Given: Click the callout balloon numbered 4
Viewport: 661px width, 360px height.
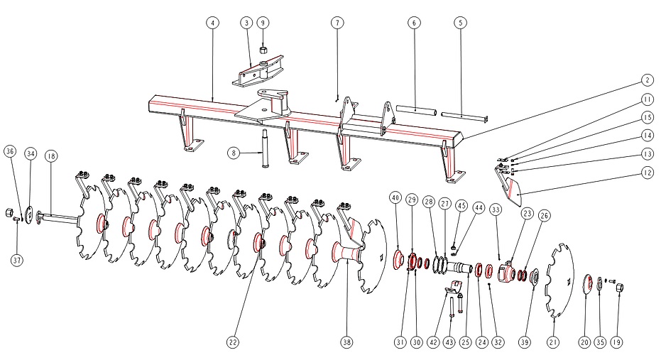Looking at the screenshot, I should [x=212, y=23].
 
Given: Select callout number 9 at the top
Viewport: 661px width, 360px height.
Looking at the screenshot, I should [x=263, y=23].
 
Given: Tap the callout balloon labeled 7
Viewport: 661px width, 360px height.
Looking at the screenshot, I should [x=337, y=23].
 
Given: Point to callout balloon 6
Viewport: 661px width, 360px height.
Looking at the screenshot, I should [x=413, y=23].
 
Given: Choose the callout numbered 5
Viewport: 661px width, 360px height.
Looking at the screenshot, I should [x=461, y=23].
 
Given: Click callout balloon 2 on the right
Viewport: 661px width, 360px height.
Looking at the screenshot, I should [x=647, y=80].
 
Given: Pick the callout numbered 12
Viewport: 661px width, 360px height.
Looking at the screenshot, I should [x=647, y=173].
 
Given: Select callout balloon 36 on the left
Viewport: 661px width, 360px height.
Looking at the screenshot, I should [x=10, y=151].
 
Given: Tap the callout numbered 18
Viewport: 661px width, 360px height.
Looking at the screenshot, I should [x=51, y=155].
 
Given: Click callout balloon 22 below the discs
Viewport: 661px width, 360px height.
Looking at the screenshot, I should [x=233, y=342].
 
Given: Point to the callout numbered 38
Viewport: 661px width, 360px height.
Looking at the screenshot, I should [x=346, y=342].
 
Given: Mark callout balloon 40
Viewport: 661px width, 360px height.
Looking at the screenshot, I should [x=395, y=197].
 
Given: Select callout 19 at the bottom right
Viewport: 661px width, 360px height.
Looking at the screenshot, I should [x=616, y=342].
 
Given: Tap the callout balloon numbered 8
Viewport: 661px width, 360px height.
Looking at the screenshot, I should [x=233, y=152].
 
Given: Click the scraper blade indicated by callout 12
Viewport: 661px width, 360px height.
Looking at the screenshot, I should [x=513, y=188].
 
